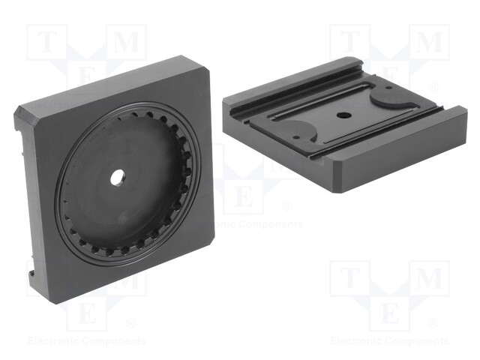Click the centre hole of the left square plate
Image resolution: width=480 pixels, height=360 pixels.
(118, 178)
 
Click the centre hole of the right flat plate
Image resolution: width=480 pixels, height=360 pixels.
(343, 116)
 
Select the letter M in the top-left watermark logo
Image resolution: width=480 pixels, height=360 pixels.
(127, 43)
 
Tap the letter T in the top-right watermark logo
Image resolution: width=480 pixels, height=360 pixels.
(349, 43)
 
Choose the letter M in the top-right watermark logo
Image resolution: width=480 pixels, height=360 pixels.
(430, 43)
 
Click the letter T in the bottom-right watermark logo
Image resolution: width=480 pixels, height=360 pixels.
(349, 279)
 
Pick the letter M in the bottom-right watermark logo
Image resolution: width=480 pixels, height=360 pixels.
(430, 279)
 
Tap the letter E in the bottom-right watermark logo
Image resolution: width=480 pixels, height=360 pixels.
(390, 314)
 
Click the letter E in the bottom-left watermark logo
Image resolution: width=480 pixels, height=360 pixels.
(86, 314)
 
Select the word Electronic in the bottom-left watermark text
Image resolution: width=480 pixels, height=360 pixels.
(54, 341)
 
